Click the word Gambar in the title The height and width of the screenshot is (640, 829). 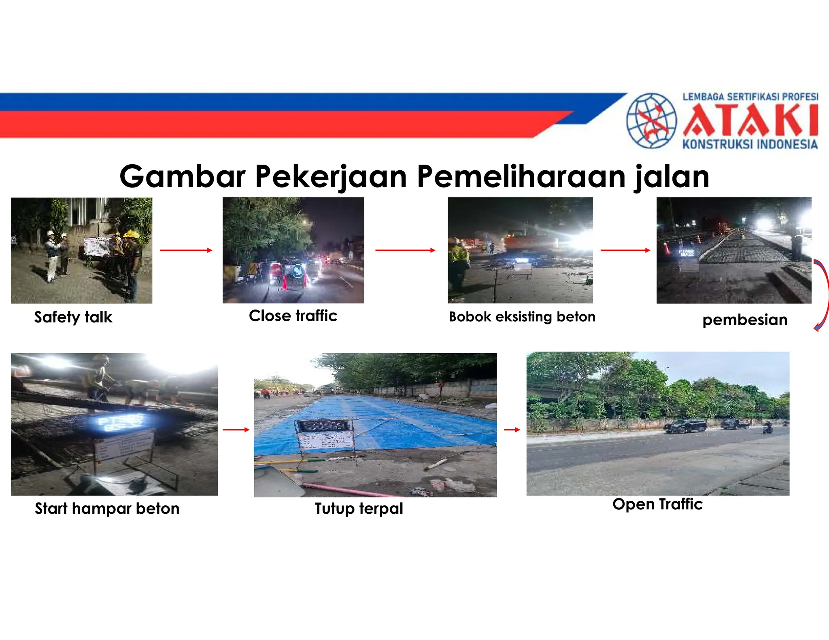183,177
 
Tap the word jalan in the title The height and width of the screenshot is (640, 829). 672,177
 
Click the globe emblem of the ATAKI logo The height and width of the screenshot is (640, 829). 651,121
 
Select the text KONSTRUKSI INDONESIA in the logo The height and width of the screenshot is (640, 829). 750,144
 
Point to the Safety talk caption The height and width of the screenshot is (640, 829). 73,317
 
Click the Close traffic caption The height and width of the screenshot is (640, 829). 293,316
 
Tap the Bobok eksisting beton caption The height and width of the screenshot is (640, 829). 522,317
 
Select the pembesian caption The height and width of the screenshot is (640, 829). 744,320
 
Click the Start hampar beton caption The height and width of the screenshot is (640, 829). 107,509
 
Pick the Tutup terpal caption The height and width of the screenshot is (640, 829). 359,509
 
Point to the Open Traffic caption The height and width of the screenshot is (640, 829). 657,504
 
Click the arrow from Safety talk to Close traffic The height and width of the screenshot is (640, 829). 186,250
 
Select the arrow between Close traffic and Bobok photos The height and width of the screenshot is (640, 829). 405,250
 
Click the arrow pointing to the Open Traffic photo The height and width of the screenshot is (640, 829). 512,430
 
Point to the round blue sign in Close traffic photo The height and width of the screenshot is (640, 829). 298,270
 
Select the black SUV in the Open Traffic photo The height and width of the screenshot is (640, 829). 685,426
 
